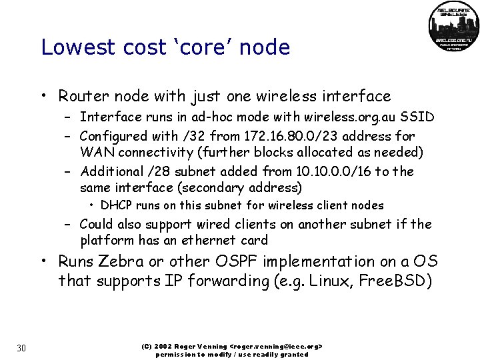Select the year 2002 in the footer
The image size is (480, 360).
click(x=164, y=347)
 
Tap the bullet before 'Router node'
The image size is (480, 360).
click(x=43, y=97)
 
